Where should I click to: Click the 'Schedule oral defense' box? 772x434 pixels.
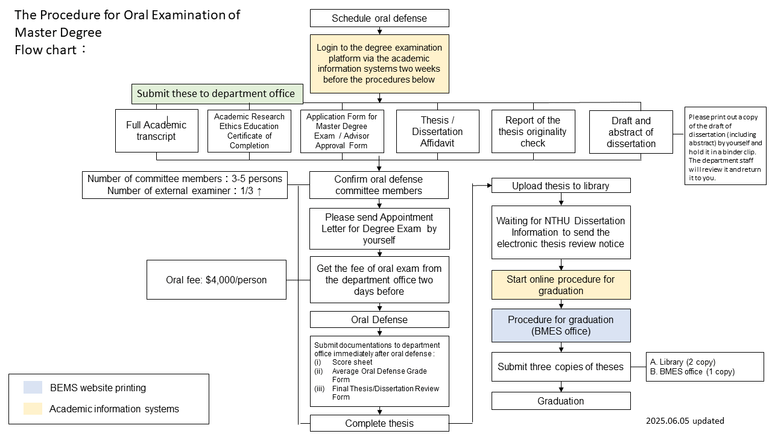(x=379, y=18)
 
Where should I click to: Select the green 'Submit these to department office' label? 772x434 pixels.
(x=217, y=93)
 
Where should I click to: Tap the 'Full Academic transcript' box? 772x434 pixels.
(x=156, y=131)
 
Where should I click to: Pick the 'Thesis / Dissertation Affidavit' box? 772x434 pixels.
(x=438, y=131)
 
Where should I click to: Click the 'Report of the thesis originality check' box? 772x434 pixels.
(x=533, y=131)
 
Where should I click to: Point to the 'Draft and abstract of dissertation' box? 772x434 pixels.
(x=631, y=132)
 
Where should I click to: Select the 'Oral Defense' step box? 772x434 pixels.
(x=379, y=319)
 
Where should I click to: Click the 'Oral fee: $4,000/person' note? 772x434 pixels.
(x=217, y=280)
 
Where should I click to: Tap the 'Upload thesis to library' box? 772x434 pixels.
(x=561, y=186)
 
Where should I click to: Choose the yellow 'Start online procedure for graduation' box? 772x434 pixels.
(x=561, y=285)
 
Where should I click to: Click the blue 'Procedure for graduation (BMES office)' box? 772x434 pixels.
(x=561, y=325)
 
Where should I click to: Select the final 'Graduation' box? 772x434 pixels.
(x=561, y=401)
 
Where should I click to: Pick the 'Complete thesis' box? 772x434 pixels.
(x=379, y=423)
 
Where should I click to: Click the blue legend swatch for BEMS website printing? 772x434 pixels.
(x=33, y=387)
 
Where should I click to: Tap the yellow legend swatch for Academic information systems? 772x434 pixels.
(x=33, y=409)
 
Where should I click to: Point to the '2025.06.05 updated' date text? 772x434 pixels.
(x=685, y=421)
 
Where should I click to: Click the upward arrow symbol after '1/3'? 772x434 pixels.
(x=259, y=192)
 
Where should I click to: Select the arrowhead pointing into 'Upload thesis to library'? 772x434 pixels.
(x=489, y=186)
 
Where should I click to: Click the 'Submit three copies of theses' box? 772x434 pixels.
(x=561, y=367)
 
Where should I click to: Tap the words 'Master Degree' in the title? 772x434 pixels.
(x=59, y=33)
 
